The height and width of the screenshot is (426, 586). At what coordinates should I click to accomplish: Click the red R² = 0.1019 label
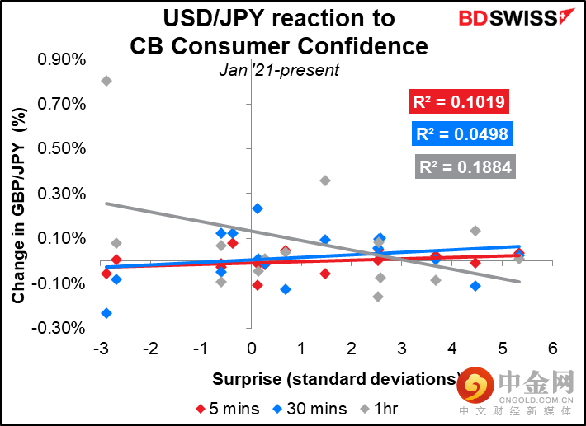coord(459,101)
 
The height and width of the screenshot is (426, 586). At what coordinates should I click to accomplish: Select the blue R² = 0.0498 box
coord(462,134)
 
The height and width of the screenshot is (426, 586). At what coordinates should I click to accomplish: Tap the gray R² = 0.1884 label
coord(465,166)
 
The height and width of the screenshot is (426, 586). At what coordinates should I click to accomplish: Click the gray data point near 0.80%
coord(106,81)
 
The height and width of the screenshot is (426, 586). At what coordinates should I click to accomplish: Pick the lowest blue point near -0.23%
coord(106,313)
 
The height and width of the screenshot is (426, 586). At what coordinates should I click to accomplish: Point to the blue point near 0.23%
coord(258,208)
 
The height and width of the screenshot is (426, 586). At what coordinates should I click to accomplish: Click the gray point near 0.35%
coord(325,180)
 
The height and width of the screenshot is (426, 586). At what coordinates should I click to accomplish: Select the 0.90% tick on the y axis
coord(62,59)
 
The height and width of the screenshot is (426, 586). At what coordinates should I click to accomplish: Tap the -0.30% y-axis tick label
coord(59,328)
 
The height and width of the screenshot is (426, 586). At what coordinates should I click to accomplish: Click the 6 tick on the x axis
coord(553,349)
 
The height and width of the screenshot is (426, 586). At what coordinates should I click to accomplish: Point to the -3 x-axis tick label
coord(101,349)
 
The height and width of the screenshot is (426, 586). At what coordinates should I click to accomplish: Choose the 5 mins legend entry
coord(228,409)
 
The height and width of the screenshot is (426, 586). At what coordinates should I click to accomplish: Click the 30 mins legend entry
coord(310,409)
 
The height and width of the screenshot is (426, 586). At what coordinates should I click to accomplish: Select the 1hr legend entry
coord(379,409)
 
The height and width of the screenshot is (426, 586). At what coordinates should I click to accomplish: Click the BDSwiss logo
coord(517,17)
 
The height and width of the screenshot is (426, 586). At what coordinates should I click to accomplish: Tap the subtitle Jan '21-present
coord(279,70)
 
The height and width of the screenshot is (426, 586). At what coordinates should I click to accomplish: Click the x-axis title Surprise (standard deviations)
coord(337,379)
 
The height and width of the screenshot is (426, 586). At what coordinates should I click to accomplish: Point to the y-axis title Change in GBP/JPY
coord(18,205)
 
